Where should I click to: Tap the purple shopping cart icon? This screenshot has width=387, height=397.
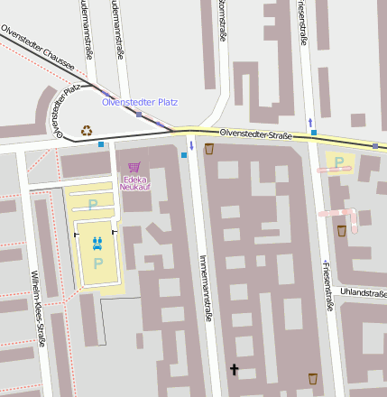click(x=134, y=167)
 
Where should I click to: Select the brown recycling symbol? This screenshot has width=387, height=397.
click(x=87, y=130)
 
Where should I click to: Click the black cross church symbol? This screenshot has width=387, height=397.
click(x=235, y=370)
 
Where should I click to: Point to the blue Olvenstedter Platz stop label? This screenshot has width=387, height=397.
click(x=140, y=102)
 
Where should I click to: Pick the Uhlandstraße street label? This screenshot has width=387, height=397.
click(x=363, y=292)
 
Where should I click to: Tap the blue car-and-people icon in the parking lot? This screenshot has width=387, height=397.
click(x=97, y=242)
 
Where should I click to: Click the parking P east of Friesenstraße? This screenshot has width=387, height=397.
click(x=339, y=162)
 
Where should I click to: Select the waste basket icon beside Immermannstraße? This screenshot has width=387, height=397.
click(x=209, y=149)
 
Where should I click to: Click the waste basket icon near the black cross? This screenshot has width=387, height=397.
click(x=313, y=378)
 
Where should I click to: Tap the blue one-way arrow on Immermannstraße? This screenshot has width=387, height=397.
click(x=191, y=145)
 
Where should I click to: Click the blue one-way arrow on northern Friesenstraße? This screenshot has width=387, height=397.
click(x=311, y=121)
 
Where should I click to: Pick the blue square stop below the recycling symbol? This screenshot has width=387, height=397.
click(x=101, y=143)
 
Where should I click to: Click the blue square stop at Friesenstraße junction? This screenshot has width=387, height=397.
click(x=314, y=133)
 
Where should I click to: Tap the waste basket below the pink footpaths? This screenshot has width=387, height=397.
click(x=342, y=231)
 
